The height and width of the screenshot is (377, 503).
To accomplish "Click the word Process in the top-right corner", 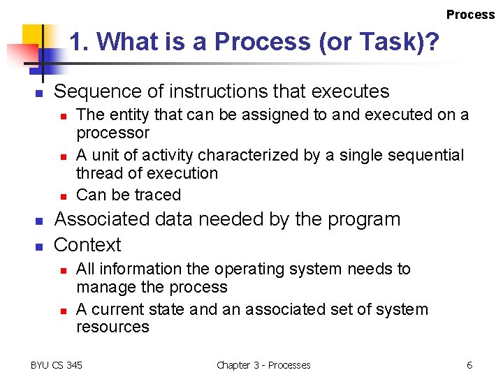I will (470, 15).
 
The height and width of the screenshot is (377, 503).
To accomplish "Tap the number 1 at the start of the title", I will (76, 43).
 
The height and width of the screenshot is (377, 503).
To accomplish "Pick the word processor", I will (112, 133).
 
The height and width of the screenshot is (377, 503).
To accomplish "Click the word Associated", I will (102, 219).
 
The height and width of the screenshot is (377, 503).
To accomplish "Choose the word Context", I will (87, 245).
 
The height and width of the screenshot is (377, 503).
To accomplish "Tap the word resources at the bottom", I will (112, 327).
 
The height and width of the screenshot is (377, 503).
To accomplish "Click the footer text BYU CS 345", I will (57, 365).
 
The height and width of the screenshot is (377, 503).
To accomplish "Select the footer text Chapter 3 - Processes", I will (263, 365).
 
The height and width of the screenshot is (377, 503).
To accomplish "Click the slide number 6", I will (469, 365).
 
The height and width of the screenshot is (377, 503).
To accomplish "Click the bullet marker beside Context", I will (40, 246).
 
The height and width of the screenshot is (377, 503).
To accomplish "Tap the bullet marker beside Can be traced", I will (62, 195).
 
